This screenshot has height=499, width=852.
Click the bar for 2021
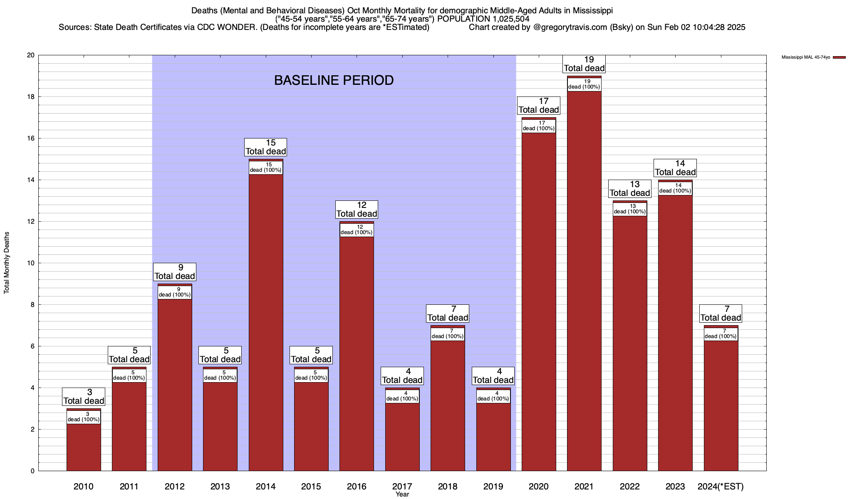click(584, 283)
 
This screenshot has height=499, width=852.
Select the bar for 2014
click(266, 324)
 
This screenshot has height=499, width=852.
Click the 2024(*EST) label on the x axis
click(721, 487)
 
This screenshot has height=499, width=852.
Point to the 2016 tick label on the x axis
click(357, 487)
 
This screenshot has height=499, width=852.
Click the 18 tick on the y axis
click(31, 97)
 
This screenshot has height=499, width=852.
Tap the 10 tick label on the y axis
click(31, 263)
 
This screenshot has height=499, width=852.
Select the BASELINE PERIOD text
click(334, 80)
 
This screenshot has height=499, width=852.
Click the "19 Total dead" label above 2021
click(584, 64)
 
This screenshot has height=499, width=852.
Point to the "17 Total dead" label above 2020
click(539, 106)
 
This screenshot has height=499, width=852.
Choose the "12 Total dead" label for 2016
click(357, 210)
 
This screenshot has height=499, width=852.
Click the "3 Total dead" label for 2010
click(84, 397)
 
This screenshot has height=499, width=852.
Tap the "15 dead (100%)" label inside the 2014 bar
click(266, 168)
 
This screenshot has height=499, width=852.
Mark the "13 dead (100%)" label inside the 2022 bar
click(630, 209)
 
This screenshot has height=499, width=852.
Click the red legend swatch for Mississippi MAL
click(839, 57)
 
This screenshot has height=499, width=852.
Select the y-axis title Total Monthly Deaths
click(7, 263)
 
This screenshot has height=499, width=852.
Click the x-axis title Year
click(402, 494)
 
